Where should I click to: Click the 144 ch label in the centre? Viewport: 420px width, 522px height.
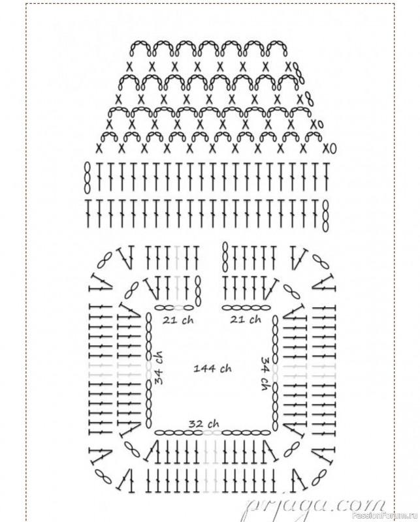[213, 369]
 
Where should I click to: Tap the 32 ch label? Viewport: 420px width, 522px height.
[204, 423]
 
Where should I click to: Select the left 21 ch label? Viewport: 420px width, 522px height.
[178, 320]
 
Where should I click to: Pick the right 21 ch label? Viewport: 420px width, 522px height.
[246, 320]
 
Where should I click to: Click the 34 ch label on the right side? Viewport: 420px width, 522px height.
[266, 373]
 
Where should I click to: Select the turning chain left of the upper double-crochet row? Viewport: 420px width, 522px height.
[88, 177]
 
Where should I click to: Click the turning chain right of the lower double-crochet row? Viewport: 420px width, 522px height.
[326, 216]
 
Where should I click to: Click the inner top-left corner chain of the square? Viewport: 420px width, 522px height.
[131, 291]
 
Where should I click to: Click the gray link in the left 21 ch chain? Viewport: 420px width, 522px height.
[179, 307]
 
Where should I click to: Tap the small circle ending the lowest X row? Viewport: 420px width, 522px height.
[333, 149]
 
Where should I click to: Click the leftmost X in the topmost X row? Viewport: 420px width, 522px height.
[129, 67]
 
